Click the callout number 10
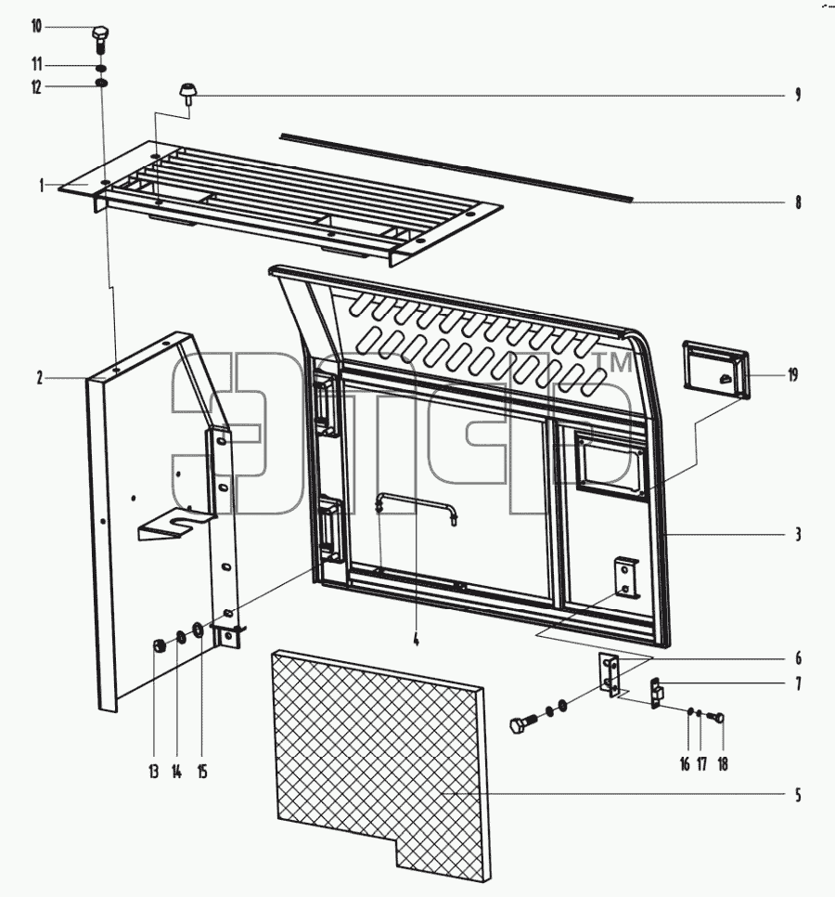tap(36, 26)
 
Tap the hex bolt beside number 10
tap(100, 40)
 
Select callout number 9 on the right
tap(798, 95)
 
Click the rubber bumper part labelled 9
tap(186, 94)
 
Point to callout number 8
tap(798, 201)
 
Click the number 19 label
tap(792, 375)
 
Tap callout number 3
tap(798, 534)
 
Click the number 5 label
tap(798, 795)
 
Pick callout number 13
tap(153, 773)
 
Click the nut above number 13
tap(159, 646)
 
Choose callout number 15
tap(201, 773)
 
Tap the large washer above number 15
tap(198, 630)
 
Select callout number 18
tap(723, 764)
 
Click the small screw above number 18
tap(715, 716)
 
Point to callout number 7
tap(798, 683)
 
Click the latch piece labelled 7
tap(657, 693)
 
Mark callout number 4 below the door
tap(416, 640)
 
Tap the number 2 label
tap(40, 378)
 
